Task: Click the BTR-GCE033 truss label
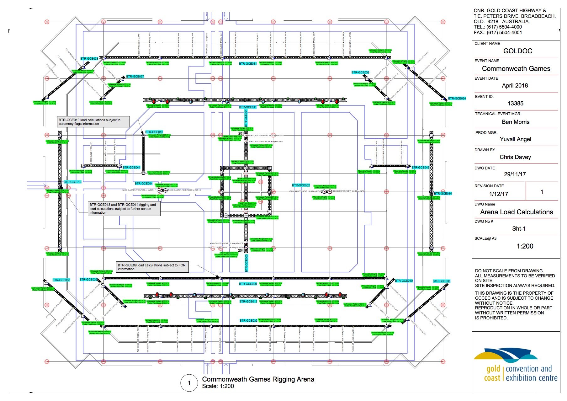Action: pos(89,59)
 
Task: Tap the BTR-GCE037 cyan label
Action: pos(135,77)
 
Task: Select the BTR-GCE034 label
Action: pos(457,99)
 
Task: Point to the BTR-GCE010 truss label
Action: pos(154,132)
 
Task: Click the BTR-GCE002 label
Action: pos(301,185)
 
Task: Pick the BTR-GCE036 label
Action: pos(441,281)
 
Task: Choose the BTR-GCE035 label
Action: pos(61,280)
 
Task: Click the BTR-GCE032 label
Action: pos(248,321)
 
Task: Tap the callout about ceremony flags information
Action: pos(93,122)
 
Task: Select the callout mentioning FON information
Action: pos(152,267)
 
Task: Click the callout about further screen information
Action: pos(124,209)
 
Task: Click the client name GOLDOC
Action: pos(517,51)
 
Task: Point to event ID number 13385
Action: pos(515,104)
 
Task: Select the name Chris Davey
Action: pos(515,157)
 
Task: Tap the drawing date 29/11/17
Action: pos(515,174)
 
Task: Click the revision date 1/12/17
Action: pos(498,194)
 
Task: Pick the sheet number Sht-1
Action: pos(519,229)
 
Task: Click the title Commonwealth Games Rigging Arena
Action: pos(258,379)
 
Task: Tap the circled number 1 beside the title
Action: pos(189,383)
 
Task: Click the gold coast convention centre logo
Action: pos(516,366)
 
